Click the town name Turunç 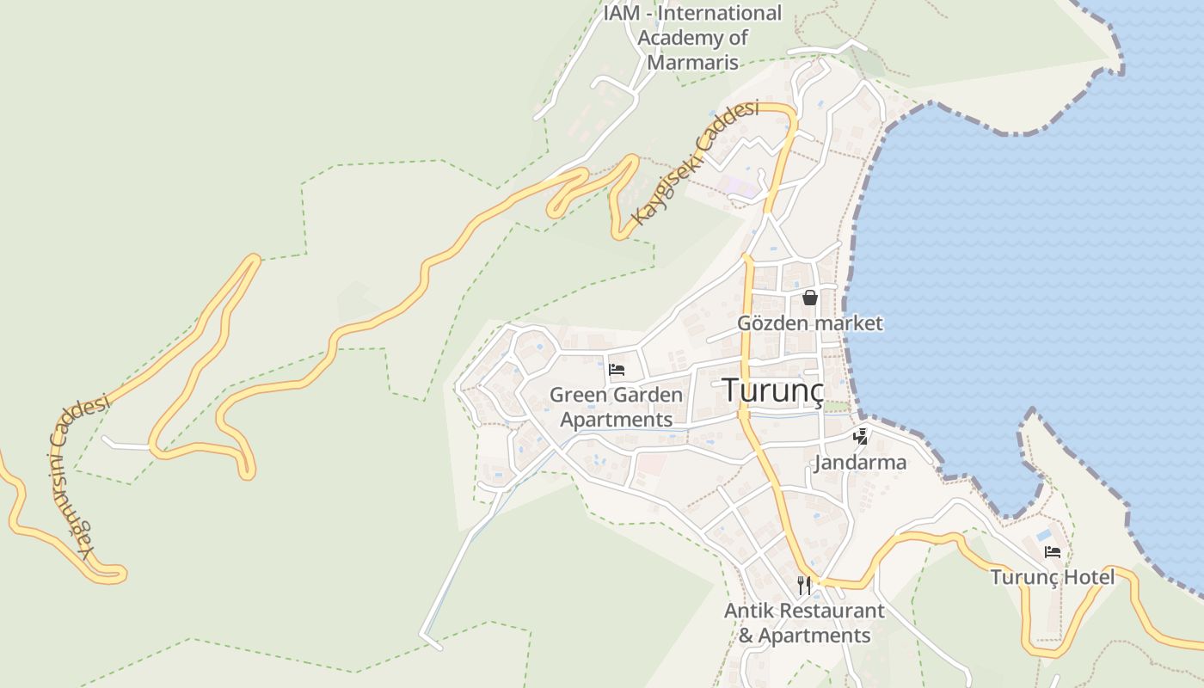point(773,390)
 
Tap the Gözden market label point(810,323)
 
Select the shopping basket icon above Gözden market point(810,298)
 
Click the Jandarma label point(860,463)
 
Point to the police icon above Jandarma point(860,436)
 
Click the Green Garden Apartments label point(616,407)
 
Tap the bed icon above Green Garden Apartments point(616,371)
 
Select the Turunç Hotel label point(1052,576)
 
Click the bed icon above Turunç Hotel point(1052,552)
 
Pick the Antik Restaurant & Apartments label point(804,623)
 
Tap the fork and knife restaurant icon point(804,586)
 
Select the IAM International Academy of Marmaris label point(692,38)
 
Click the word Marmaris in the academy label point(692,62)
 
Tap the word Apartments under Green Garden point(616,420)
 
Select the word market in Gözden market point(850,323)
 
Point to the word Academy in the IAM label point(673,38)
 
